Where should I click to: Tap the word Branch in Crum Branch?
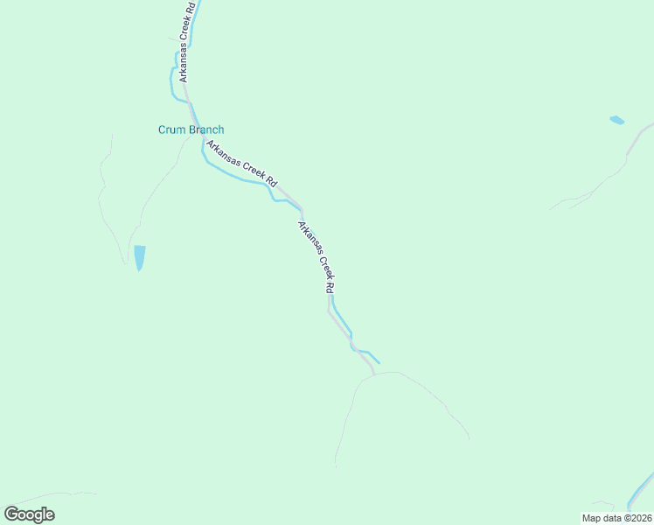pos(204,130)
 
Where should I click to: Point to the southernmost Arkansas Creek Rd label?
pos(317,257)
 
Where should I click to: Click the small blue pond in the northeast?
pos(617,120)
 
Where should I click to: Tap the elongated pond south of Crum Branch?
pos(139,257)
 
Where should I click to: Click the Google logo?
pos(29,514)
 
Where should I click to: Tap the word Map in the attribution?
pos(592,518)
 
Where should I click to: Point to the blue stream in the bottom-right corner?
pos(642,491)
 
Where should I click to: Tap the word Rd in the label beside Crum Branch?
pos(272,182)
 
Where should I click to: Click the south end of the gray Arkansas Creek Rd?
pos(373,373)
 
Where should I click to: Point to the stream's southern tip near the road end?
pos(379,361)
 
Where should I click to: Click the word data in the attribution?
pos(612,518)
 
